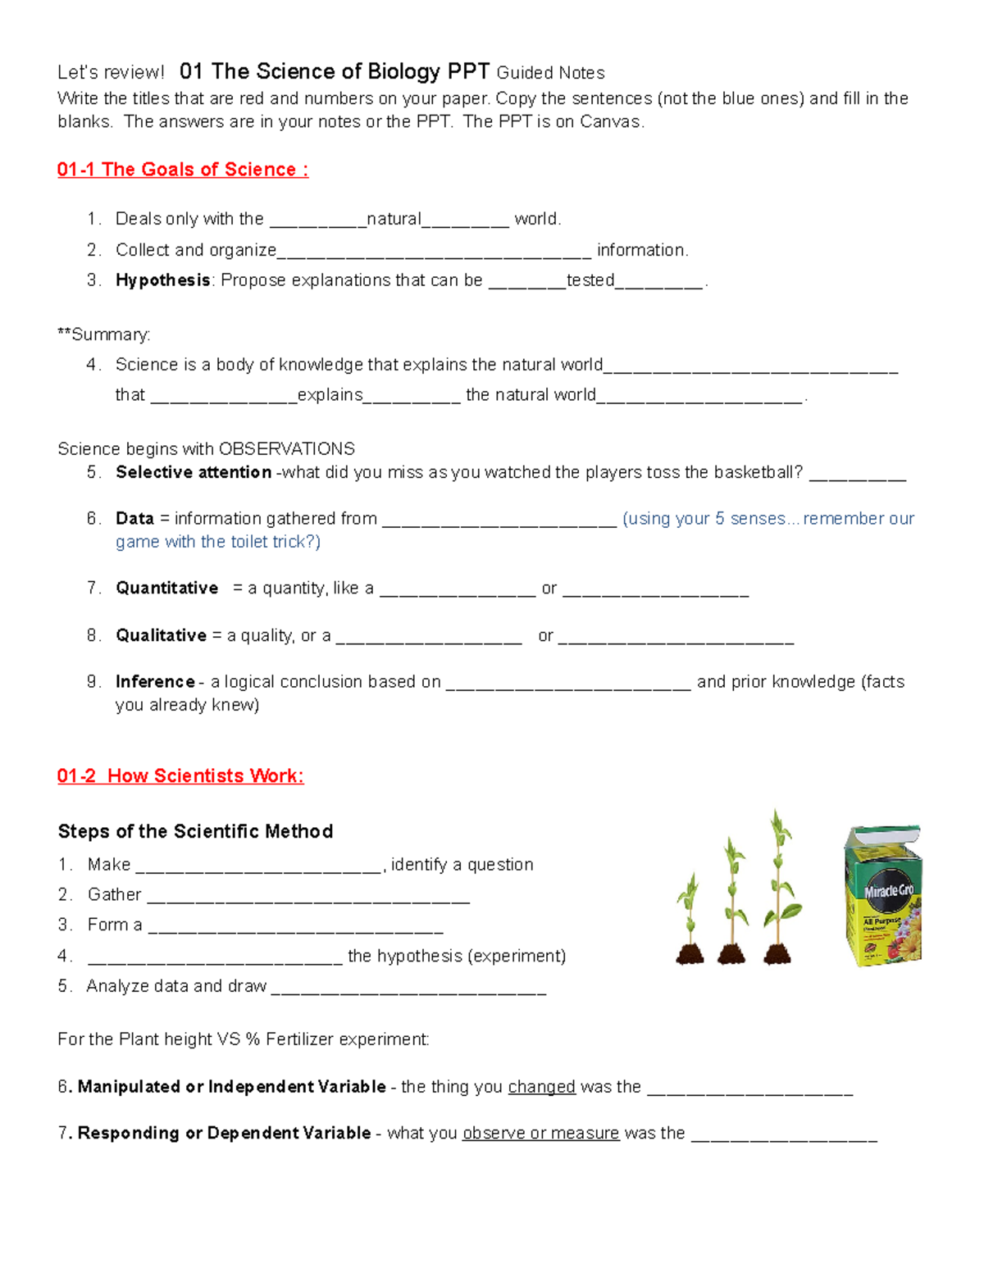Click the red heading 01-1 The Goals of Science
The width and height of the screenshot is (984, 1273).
[182, 170]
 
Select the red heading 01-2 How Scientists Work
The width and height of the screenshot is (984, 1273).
[180, 775]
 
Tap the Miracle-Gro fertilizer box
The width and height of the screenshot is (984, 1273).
[883, 895]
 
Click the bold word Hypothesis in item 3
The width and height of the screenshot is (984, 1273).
[163, 280]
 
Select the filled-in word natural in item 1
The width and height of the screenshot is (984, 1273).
[394, 219]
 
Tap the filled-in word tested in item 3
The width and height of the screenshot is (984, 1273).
[590, 280]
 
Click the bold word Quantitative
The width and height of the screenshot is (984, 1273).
[167, 588]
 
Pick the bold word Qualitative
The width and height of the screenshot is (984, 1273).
[162, 635]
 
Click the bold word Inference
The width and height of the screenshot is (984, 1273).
[155, 681]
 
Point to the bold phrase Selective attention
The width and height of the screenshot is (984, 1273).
[194, 472]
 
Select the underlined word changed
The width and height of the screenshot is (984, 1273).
[541, 1087]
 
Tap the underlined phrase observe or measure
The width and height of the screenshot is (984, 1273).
[540, 1133]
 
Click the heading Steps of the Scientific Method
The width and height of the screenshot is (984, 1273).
[195, 831]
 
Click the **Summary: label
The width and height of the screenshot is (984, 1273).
[104, 334]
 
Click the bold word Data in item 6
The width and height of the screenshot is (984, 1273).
[134, 519]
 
